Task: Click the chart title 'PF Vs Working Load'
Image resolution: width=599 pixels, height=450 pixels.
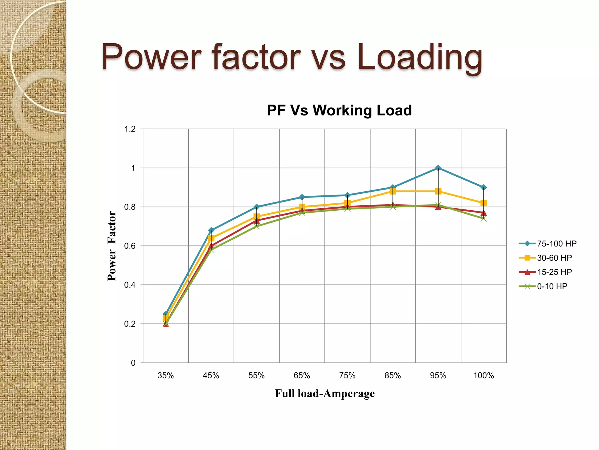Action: click(339, 110)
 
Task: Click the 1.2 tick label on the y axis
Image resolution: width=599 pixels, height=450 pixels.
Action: click(130, 129)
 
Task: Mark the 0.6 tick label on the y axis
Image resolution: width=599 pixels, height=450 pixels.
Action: click(130, 246)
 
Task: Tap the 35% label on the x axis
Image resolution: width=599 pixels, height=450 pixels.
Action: click(166, 376)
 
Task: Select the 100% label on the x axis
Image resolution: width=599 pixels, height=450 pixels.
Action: click(483, 376)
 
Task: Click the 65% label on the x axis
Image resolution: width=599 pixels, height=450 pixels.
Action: click(302, 376)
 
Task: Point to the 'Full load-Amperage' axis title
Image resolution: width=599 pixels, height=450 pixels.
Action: click(325, 393)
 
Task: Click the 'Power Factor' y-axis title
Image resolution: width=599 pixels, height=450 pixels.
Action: click(112, 246)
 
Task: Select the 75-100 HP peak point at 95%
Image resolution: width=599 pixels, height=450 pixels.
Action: click(438, 168)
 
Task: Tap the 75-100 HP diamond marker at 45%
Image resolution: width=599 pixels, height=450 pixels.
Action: click(211, 230)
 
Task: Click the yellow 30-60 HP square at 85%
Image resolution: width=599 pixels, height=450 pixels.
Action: click(393, 191)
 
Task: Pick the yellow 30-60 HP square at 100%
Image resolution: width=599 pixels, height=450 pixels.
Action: click(483, 203)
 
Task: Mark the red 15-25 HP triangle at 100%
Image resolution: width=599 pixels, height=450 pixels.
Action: click(483, 213)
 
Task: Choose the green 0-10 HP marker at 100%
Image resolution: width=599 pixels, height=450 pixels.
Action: click(483, 219)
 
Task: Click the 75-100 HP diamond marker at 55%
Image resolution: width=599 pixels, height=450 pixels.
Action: click(257, 207)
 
